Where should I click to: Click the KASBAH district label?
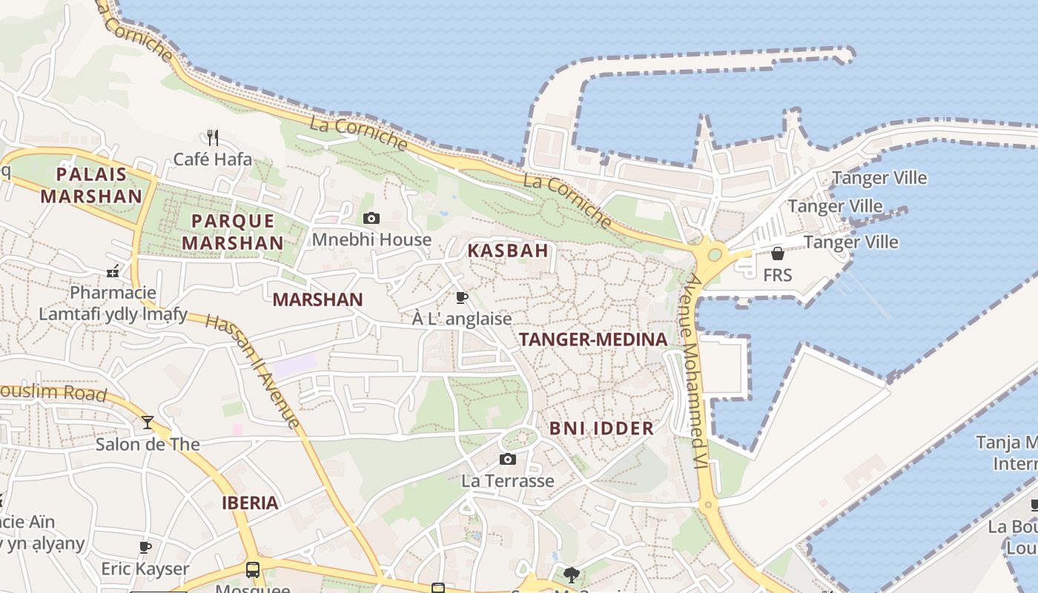pos(508,251)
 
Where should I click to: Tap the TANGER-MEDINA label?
pos(593,339)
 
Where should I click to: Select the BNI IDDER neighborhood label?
pos(601,428)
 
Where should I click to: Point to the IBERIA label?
pos(251,503)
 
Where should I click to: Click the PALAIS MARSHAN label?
pos(91,185)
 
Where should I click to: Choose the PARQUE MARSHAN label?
pos(233,231)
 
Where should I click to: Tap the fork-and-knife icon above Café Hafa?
pos(212,137)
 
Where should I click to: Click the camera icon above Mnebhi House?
pos(371,218)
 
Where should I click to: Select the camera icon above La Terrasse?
pos(508,460)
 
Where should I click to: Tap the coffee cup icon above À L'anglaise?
pos(462,298)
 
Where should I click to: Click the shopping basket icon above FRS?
pos(777,254)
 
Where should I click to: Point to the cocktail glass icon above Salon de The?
pos(148,423)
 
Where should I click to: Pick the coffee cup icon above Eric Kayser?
pos(145,548)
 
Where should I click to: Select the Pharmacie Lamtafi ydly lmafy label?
pos(113,303)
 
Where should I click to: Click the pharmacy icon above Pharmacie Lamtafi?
pos(113,271)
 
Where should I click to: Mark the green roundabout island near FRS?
pos(715,255)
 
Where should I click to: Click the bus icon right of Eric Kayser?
pos(253,569)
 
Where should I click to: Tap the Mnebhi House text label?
pos(371,239)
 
